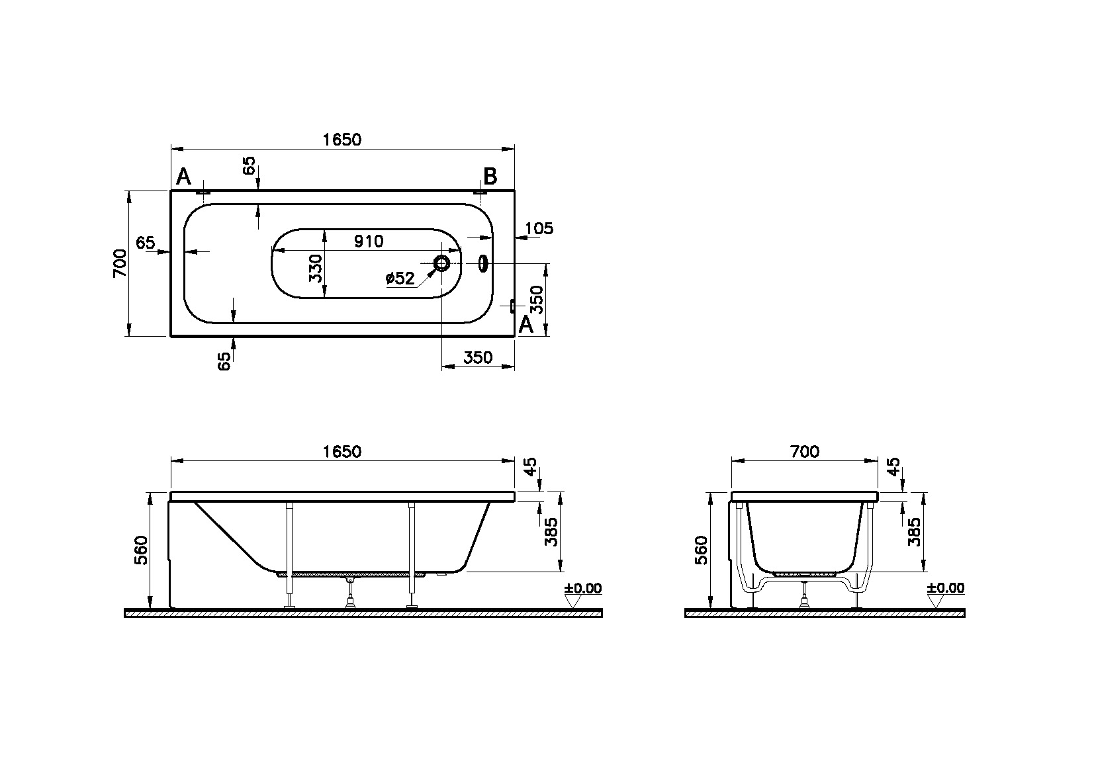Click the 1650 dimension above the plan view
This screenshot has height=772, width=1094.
click(x=342, y=140)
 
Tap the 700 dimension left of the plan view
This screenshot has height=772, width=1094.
click(x=120, y=263)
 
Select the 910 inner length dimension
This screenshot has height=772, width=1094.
click(x=368, y=241)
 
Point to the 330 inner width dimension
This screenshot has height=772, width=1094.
click(x=316, y=268)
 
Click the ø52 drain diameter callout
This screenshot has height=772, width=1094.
click(x=400, y=279)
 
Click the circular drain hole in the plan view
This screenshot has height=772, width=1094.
click(x=441, y=264)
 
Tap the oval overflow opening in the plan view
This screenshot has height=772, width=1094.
click(x=483, y=264)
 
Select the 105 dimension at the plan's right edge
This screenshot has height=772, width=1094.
click(x=539, y=229)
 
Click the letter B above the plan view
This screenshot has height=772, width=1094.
click(x=490, y=177)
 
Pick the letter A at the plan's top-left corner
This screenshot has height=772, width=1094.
click(x=183, y=177)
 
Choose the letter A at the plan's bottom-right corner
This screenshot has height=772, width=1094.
click(x=525, y=325)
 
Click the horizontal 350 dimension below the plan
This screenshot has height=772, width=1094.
click(x=477, y=358)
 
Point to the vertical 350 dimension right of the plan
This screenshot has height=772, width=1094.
click(x=537, y=300)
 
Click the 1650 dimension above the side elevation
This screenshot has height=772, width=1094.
click(x=342, y=452)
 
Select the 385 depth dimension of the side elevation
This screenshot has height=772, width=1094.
click(x=551, y=531)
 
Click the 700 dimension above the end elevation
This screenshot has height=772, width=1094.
click(x=805, y=452)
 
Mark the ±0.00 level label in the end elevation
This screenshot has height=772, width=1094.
click(x=945, y=588)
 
